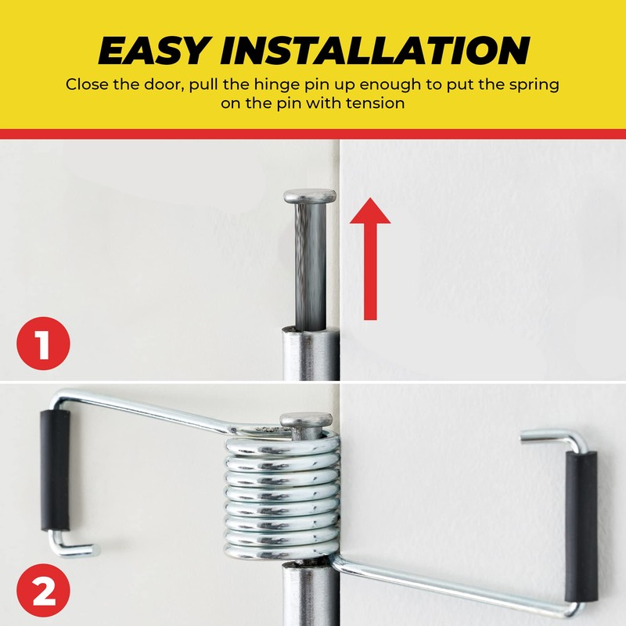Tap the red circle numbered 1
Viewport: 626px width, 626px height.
43,343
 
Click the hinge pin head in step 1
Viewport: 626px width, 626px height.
310,196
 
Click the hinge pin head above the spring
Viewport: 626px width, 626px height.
306,422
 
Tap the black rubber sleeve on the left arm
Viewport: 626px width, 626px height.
56,469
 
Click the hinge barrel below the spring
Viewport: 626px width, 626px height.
310,595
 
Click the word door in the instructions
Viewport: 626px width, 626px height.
162,85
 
